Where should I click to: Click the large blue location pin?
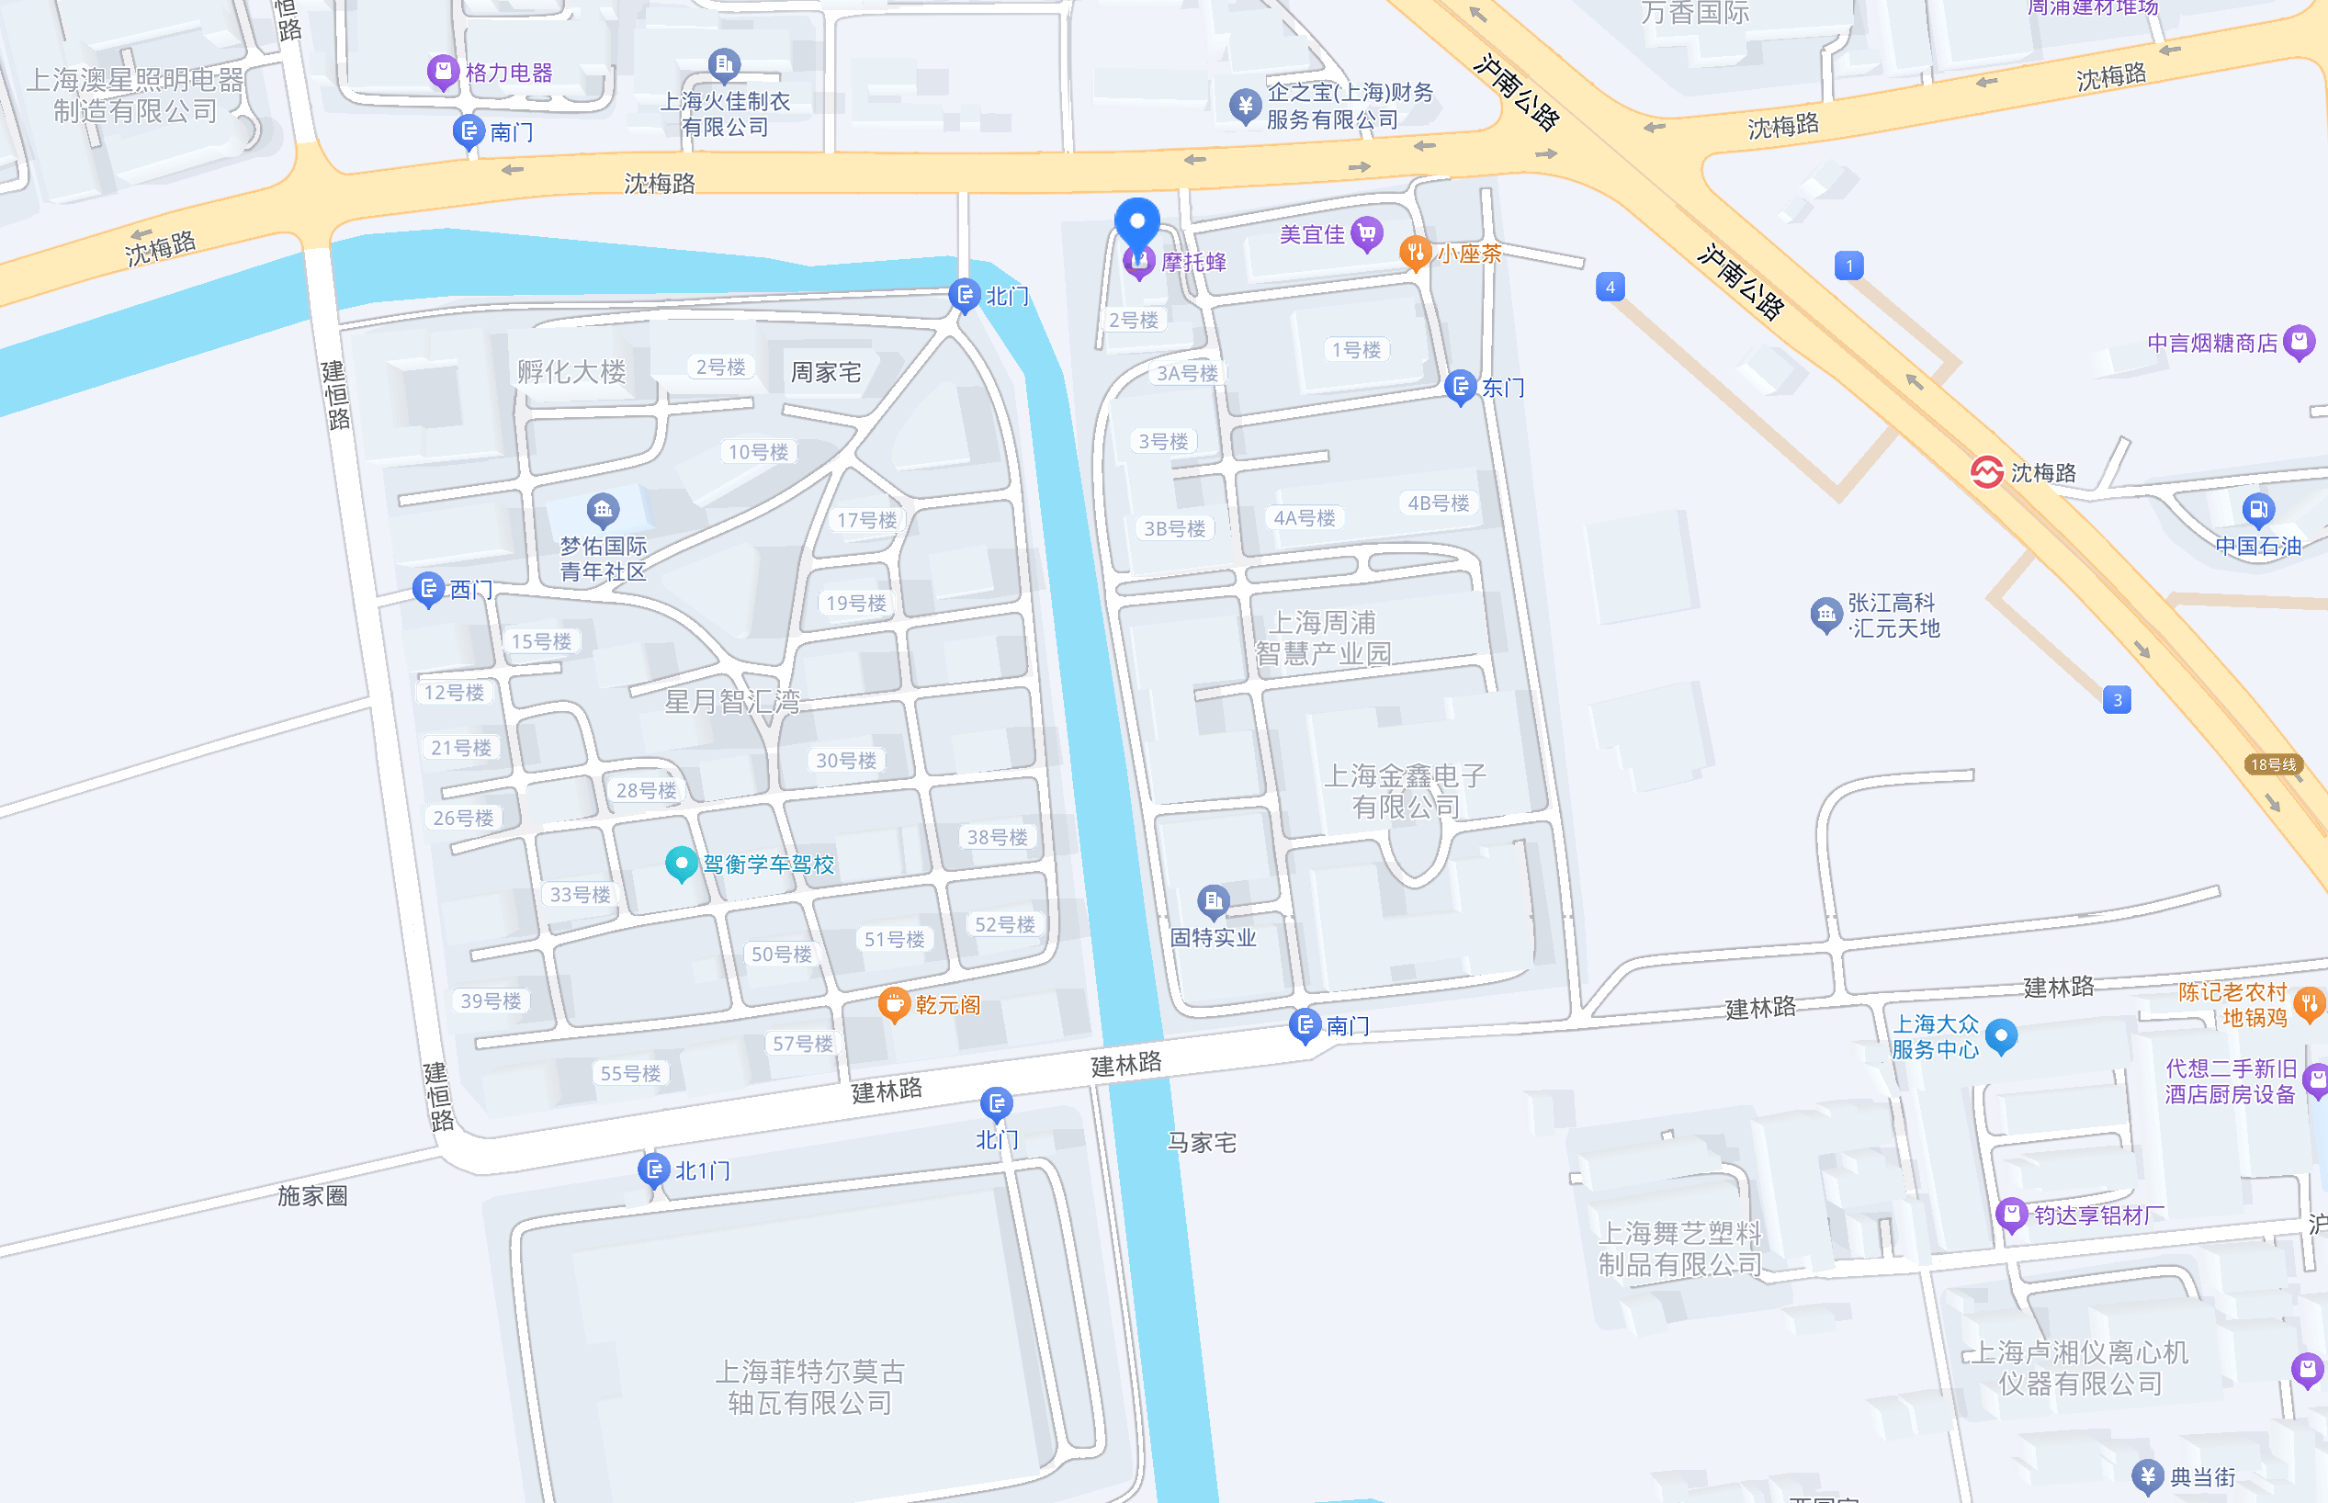[x=1136, y=222]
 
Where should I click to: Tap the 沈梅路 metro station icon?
[x=1986, y=472]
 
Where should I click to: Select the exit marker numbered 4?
[x=1610, y=287]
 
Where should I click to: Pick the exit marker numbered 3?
[x=2117, y=700]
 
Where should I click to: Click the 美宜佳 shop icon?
[x=1367, y=233]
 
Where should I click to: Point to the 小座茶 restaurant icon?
[x=1414, y=253]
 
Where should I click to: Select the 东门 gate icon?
[x=1460, y=387]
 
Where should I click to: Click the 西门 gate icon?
[x=427, y=589]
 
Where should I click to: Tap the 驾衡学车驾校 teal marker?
[x=680, y=863]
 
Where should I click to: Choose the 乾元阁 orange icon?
[x=893, y=1003]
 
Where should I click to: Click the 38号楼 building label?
[x=996, y=836]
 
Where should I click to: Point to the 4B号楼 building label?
[x=1437, y=503]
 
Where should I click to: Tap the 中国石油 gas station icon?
[x=2258, y=508]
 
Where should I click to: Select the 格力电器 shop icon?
[x=443, y=72]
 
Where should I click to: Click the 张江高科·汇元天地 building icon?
[x=1825, y=614]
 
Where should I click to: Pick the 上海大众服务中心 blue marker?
[x=2001, y=1034]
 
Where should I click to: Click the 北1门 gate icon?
[x=652, y=1169]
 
